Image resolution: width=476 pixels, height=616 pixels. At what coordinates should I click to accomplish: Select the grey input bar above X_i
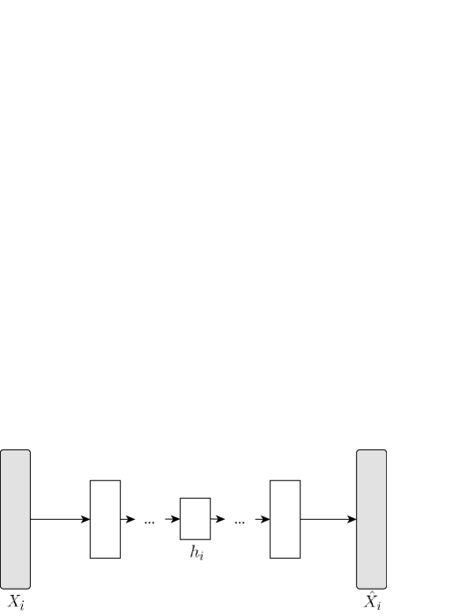point(16,519)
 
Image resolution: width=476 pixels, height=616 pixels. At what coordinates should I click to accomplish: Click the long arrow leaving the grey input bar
point(57,519)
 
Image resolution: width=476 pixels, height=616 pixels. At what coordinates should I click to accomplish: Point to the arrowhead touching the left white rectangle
point(86,519)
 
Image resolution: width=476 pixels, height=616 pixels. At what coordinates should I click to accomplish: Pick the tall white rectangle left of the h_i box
point(105,519)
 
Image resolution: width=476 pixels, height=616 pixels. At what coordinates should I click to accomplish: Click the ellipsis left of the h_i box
point(149,522)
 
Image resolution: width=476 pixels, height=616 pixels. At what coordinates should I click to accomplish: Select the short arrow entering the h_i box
point(172,519)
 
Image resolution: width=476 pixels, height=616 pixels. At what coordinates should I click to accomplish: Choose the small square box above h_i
point(195,518)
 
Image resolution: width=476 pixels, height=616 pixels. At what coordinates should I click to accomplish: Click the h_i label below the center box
point(196,553)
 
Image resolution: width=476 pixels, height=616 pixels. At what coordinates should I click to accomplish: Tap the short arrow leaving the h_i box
point(218,519)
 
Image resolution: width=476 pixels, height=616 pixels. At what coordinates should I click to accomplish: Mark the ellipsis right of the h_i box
point(239,522)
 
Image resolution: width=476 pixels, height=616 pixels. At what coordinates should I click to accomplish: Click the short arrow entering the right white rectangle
point(262,519)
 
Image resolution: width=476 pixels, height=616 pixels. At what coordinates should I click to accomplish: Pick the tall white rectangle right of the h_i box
point(285,519)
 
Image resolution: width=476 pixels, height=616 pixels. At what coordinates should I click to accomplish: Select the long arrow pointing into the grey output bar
point(326,519)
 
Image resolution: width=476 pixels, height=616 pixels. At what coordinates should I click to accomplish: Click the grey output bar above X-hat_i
point(371,519)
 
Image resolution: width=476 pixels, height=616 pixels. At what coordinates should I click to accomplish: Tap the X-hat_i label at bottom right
point(372,603)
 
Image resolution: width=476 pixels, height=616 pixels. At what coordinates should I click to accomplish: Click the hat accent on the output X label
point(370,593)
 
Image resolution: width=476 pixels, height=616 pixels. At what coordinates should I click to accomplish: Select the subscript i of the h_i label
point(201,556)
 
